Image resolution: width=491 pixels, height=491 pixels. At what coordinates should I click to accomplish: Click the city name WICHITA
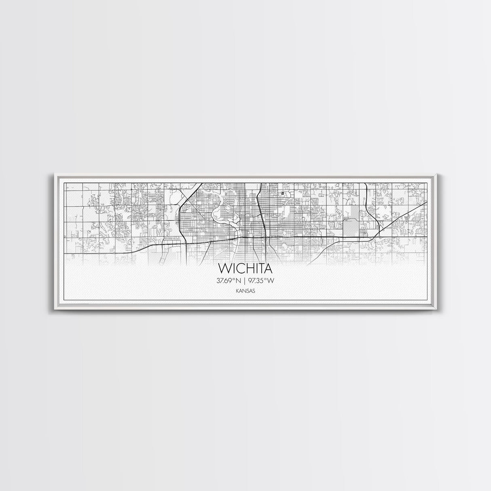tap(245, 268)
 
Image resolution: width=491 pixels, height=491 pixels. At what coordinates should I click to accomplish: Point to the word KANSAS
tap(245, 290)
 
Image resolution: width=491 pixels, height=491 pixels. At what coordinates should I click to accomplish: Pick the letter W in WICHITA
tap(223, 268)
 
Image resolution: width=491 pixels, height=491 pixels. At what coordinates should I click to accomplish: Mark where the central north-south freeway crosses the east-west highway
tap(265, 237)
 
